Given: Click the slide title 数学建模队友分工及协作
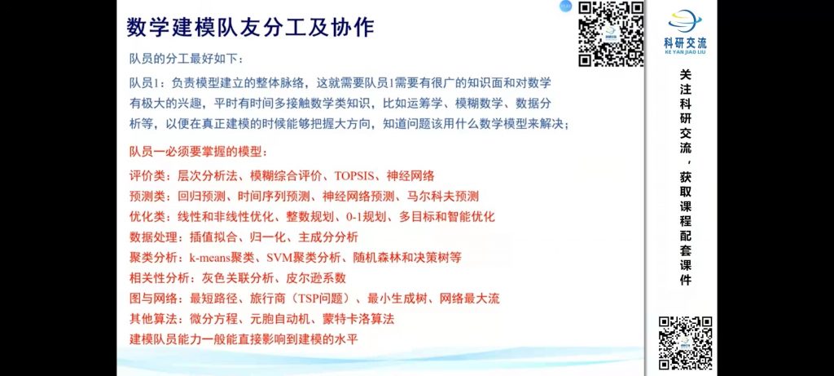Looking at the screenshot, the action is coord(251,27).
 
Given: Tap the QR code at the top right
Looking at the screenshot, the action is coord(611,34).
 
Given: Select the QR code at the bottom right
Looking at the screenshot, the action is coord(686,343).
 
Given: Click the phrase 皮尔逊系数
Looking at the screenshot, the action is coord(317,278).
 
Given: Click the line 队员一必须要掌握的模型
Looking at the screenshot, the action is coord(199,153).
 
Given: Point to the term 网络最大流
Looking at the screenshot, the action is coord(470,299).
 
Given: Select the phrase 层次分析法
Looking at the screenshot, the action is coord(207,175).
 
